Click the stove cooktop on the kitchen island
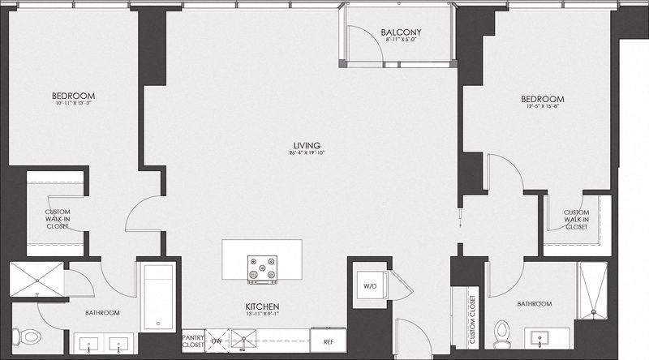[x=262, y=269]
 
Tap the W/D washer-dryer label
[x=370, y=285]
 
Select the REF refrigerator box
[x=328, y=341]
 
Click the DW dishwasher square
[x=216, y=341]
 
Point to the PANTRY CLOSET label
[x=193, y=341]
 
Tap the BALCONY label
[x=401, y=32]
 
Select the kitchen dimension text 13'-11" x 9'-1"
[x=263, y=316]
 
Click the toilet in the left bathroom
[x=30, y=336]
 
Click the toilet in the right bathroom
[x=501, y=332]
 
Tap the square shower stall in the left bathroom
[x=37, y=280]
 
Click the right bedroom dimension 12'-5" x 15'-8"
[x=543, y=108]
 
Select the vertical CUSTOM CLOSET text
[x=472, y=316]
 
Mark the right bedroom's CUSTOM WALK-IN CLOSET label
[x=576, y=219]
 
